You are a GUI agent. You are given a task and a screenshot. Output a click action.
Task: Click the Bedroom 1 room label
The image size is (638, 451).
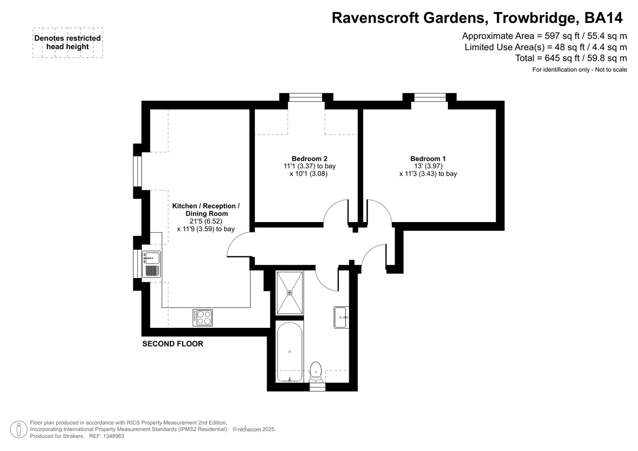[x=428, y=159]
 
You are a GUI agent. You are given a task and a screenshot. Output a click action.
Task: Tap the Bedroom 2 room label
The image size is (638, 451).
[x=309, y=159]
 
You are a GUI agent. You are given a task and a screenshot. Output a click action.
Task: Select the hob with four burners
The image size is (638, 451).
[x=203, y=317]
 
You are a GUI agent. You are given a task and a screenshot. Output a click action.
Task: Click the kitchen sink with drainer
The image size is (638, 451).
[x=151, y=264]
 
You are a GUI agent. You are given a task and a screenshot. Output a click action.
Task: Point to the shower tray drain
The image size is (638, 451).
[x=290, y=293]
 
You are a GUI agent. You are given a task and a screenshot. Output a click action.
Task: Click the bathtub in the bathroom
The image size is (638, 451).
[x=290, y=352]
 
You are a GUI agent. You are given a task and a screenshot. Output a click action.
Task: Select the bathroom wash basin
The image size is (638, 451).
[x=341, y=317]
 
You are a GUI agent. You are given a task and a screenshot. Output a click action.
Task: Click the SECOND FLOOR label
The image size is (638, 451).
[x=173, y=344]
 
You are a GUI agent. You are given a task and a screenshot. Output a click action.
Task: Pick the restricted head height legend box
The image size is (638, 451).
[x=68, y=43]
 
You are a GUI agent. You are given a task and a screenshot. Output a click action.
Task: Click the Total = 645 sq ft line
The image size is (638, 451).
[x=571, y=58]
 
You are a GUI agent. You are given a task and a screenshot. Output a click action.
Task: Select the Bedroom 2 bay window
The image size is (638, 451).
[x=306, y=98]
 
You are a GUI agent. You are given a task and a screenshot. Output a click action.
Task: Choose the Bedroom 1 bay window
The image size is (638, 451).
[x=430, y=98]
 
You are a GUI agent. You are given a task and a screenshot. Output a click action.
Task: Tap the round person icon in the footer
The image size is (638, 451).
[x=18, y=429]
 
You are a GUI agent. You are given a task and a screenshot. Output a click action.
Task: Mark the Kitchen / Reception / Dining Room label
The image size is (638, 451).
[x=206, y=210]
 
